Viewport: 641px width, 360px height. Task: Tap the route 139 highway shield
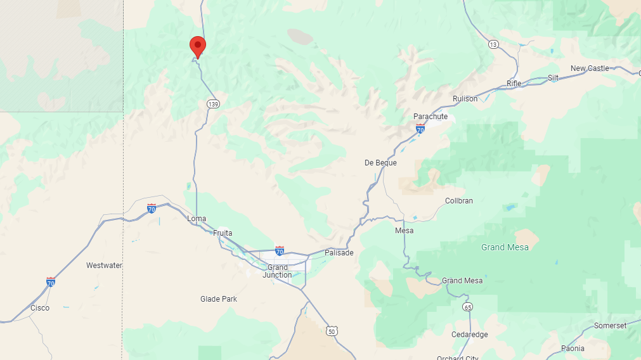click(x=213, y=104)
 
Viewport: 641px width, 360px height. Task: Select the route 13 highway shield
click(x=493, y=44)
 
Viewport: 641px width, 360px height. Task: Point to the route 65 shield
click(x=468, y=307)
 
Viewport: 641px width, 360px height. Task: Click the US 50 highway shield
click(x=332, y=331)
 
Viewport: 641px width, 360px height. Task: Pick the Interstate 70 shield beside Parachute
click(x=420, y=129)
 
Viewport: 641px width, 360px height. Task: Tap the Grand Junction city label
click(x=278, y=271)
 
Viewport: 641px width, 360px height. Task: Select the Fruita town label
click(x=223, y=233)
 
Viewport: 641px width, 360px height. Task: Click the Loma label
click(x=197, y=219)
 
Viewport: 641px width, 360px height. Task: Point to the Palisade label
click(x=339, y=253)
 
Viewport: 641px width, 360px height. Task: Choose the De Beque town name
click(x=380, y=163)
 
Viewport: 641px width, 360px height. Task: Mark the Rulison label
click(x=465, y=99)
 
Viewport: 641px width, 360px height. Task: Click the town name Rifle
click(x=514, y=84)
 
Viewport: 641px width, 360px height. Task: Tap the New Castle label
click(x=590, y=68)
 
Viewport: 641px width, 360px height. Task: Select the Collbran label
click(x=459, y=201)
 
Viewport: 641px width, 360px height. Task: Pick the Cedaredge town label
click(x=470, y=335)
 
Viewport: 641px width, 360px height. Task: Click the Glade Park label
click(x=219, y=299)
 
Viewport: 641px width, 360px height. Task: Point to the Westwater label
click(x=104, y=266)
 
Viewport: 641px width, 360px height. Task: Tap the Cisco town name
click(x=40, y=308)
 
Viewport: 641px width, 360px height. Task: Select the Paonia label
click(x=573, y=349)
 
